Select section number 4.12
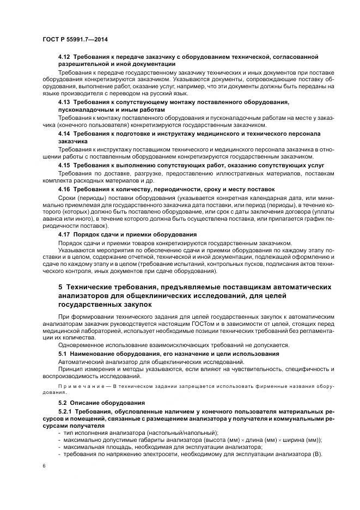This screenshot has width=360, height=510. (64, 57)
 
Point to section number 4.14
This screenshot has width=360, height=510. (64, 133)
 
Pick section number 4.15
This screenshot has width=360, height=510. (64, 165)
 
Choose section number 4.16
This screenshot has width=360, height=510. (64, 188)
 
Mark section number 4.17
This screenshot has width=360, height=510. (64, 234)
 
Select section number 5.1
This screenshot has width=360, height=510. (63, 354)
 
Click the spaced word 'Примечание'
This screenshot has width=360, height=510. (76, 385)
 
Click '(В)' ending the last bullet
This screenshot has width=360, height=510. (318, 454)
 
